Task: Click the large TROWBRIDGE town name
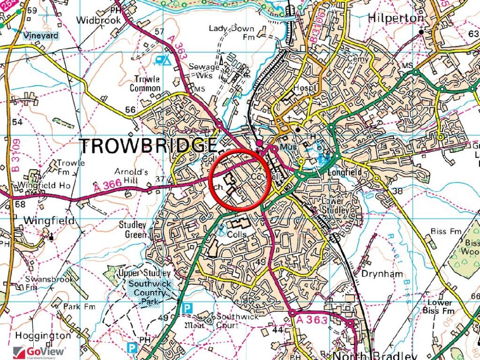point(148,146)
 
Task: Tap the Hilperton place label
point(396,18)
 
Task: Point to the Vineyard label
point(42,36)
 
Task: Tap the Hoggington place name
point(43,336)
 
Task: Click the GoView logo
point(39,351)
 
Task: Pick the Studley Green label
point(133,229)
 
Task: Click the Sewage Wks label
point(203,71)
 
